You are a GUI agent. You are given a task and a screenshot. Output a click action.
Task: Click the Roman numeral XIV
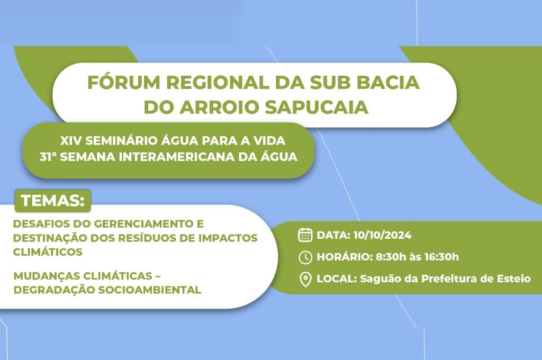(x=70, y=140)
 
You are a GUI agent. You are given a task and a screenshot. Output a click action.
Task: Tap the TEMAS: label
(x=52, y=201)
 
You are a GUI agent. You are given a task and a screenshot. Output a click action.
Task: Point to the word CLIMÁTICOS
(x=48, y=252)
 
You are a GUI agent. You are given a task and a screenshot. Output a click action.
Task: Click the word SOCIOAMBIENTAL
(x=150, y=290)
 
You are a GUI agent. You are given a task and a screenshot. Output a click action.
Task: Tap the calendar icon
(x=305, y=235)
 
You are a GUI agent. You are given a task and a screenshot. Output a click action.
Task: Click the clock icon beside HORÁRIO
(x=305, y=257)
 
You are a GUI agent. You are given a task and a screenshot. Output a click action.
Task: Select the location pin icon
(x=305, y=280)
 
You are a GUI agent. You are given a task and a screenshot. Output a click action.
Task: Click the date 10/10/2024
(x=382, y=235)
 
